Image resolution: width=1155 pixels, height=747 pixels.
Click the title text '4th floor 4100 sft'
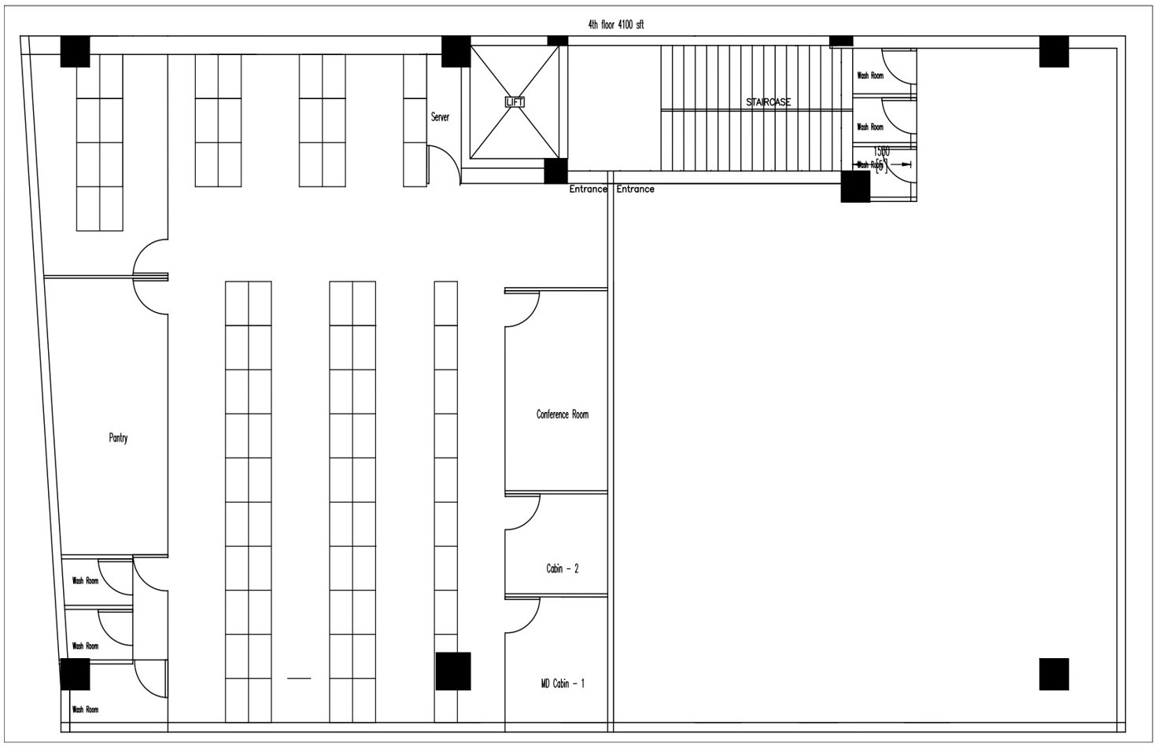click(x=615, y=25)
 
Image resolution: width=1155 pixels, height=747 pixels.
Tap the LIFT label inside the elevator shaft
click(x=514, y=102)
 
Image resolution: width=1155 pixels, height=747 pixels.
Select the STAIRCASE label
click(x=768, y=102)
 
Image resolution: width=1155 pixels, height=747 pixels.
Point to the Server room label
click(x=440, y=117)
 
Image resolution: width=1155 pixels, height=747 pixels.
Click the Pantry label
click(x=118, y=438)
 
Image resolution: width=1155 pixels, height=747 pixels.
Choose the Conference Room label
click(x=562, y=414)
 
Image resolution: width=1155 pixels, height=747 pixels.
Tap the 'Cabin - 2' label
click(x=562, y=569)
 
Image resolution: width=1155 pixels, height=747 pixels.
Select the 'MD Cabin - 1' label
click(x=562, y=684)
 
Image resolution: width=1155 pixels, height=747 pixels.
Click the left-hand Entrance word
click(x=588, y=190)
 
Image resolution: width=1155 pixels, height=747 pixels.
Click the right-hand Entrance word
click(x=635, y=190)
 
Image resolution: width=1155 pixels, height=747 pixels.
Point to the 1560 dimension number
click(x=881, y=152)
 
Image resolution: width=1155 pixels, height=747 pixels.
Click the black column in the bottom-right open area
click(x=1054, y=674)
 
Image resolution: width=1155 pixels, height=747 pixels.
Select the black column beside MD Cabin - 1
click(x=453, y=671)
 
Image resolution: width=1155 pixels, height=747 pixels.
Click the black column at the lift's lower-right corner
click(x=555, y=171)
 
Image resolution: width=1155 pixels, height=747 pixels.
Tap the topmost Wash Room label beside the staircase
click(x=869, y=76)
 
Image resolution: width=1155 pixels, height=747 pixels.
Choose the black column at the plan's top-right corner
click(x=1054, y=51)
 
